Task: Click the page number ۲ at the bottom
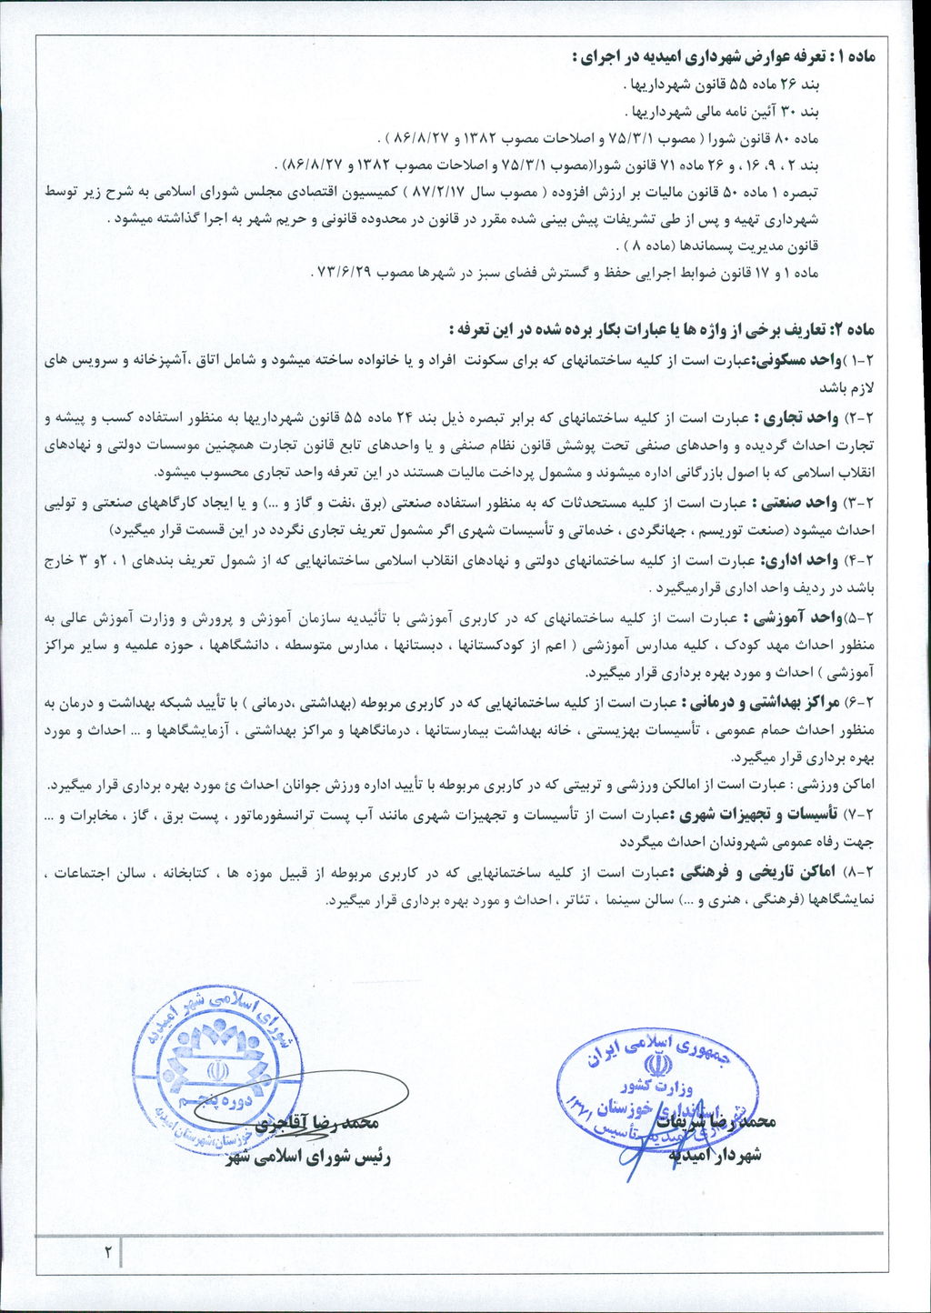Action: (x=106, y=1252)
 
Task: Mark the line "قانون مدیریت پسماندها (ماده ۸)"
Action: (x=718, y=246)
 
